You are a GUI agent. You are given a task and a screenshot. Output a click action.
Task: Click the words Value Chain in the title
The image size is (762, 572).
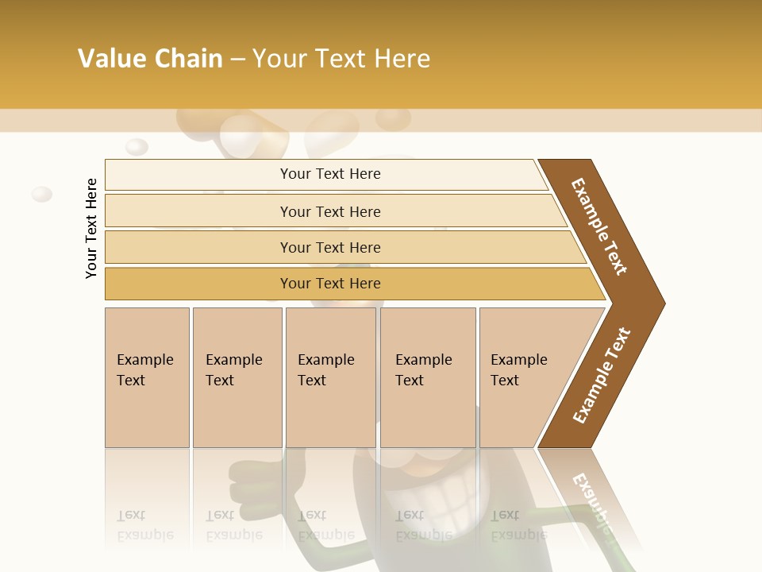(150, 59)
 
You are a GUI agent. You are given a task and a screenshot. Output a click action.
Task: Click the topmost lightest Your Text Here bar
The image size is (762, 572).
(329, 174)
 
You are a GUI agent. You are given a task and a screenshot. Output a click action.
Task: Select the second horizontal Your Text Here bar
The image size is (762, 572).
(329, 211)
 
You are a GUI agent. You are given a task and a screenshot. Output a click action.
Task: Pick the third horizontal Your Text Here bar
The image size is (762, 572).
(329, 247)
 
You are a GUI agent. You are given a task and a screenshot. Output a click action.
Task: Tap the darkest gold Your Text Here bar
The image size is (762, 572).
(329, 284)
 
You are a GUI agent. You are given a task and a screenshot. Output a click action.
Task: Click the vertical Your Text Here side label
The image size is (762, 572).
(91, 228)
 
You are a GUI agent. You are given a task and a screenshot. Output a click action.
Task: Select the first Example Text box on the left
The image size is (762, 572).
(147, 377)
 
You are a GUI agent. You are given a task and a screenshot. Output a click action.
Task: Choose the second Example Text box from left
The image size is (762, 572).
(237, 377)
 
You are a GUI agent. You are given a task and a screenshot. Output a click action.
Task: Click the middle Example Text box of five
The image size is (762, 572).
(330, 377)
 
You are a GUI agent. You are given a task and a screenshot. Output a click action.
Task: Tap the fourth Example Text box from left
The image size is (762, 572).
(427, 377)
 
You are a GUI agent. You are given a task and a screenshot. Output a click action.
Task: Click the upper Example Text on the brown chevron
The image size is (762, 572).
(599, 226)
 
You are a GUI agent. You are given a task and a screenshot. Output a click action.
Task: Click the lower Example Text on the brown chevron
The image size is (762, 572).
(602, 375)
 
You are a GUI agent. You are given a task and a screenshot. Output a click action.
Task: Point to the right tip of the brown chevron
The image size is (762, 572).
(663, 303)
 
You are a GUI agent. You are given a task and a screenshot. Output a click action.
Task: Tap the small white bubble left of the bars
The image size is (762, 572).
(41, 194)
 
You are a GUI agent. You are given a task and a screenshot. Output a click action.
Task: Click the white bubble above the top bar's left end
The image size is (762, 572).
(137, 147)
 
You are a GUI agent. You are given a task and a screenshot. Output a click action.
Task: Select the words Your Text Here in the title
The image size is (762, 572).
(341, 59)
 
